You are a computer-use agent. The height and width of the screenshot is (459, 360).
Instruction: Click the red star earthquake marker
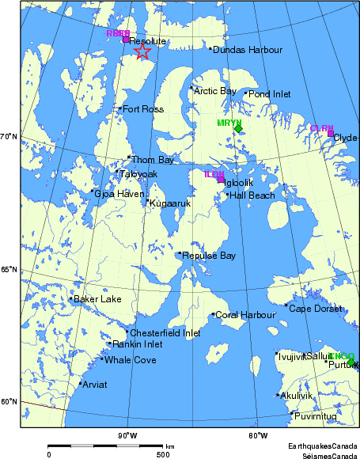(142, 51)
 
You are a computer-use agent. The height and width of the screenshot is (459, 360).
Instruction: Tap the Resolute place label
(148, 40)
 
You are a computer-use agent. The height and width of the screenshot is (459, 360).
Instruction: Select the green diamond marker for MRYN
(238, 129)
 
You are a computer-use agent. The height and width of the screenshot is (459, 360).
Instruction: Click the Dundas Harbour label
(248, 50)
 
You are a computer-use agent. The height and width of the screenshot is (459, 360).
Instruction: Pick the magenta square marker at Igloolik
(222, 180)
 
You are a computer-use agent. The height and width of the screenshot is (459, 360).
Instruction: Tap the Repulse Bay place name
(209, 256)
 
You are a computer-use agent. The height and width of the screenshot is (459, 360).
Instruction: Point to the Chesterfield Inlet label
(165, 333)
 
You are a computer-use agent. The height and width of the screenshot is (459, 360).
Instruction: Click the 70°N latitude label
(9, 137)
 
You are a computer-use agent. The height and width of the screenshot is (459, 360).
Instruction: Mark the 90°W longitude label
(127, 435)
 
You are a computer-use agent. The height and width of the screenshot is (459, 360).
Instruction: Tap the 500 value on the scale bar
(162, 454)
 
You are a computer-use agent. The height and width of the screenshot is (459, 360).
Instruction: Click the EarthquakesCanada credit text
(322, 447)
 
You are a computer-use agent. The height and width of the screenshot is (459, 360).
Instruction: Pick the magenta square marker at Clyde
(331, 133)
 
